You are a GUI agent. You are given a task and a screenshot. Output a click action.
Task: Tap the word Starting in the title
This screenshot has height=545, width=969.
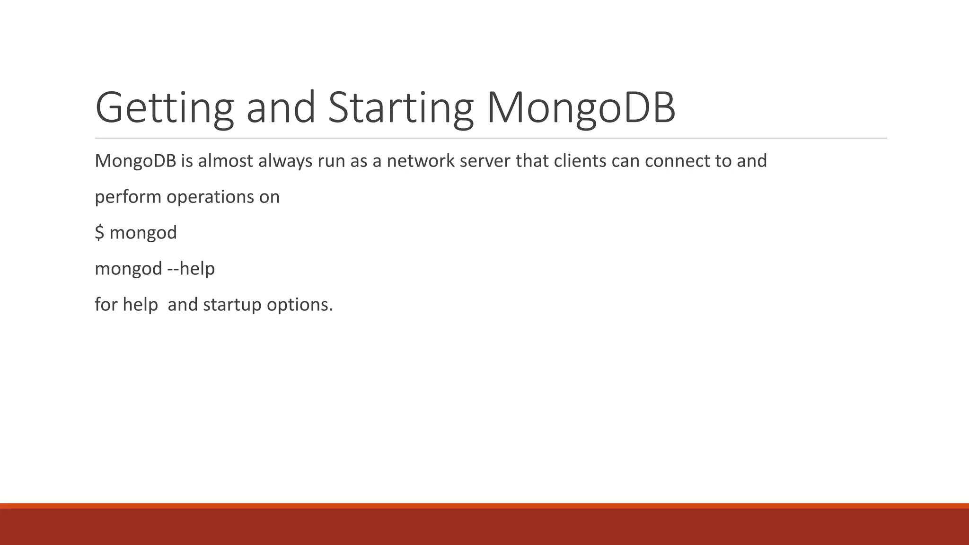[x=400, y=108]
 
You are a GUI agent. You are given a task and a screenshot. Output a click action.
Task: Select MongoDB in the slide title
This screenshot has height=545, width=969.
[x=581, y=108]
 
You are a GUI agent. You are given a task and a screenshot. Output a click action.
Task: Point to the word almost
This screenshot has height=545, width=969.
[x=225, y=161]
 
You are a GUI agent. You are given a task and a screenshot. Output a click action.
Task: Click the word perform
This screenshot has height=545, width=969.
[x=128, y=197]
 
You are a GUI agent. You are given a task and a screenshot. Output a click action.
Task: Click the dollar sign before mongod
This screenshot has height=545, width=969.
[x=99, y=233]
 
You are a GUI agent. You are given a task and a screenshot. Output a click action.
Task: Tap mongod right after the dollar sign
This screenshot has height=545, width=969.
[x=143, y=233]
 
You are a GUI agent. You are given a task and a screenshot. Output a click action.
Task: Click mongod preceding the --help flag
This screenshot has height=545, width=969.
[x=128, y=269]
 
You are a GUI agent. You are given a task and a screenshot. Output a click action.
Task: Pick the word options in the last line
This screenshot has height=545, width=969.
[x=300, y=305]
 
